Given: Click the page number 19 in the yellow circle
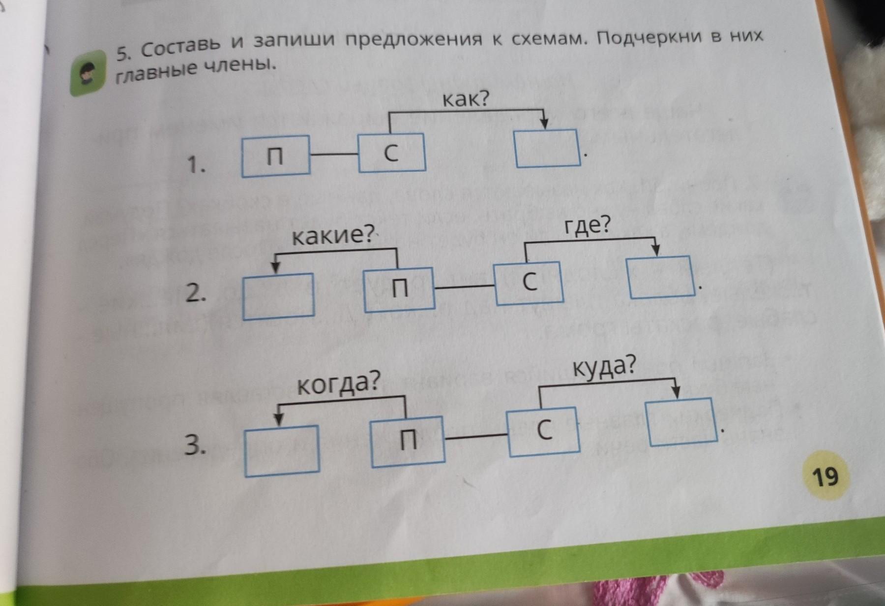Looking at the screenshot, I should [x=826, y=476].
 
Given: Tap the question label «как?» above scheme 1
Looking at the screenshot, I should [x=466, y=100].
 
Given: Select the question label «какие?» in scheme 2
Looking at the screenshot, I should [x=333, y=236].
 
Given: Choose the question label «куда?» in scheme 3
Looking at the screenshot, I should [x=604, y=367].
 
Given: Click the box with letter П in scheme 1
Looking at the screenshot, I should [x=275, y=156].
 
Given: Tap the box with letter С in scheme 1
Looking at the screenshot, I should [x=392, y=153].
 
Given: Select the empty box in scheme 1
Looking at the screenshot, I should [x=547, y=147].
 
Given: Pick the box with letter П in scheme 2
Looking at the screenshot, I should [x=399, y=289].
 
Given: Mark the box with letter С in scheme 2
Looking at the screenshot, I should [x=529, y=283].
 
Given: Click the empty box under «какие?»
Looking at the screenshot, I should [x=279, y=295].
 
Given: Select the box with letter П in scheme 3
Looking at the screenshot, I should [x=408, y=440].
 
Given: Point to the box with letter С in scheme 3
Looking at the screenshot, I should [x=544, y=430].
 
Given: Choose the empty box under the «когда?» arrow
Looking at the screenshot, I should [x=282, y=450].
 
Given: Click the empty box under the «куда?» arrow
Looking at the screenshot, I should [x=681, y=421].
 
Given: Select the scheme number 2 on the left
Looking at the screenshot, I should [x=195, y=294].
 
